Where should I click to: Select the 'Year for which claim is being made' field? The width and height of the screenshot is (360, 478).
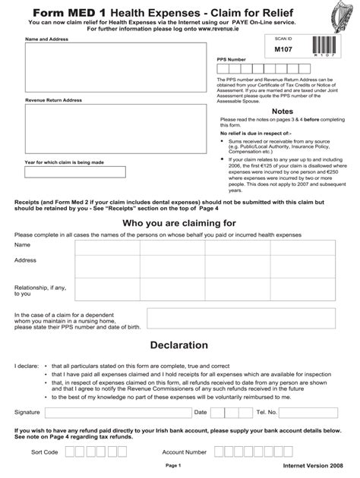coord(64,171)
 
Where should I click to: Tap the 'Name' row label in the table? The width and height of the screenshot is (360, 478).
coord(23,245)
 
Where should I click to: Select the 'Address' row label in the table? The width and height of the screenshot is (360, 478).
coord(27,260)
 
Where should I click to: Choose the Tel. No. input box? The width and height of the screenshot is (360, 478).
coord(311,413)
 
